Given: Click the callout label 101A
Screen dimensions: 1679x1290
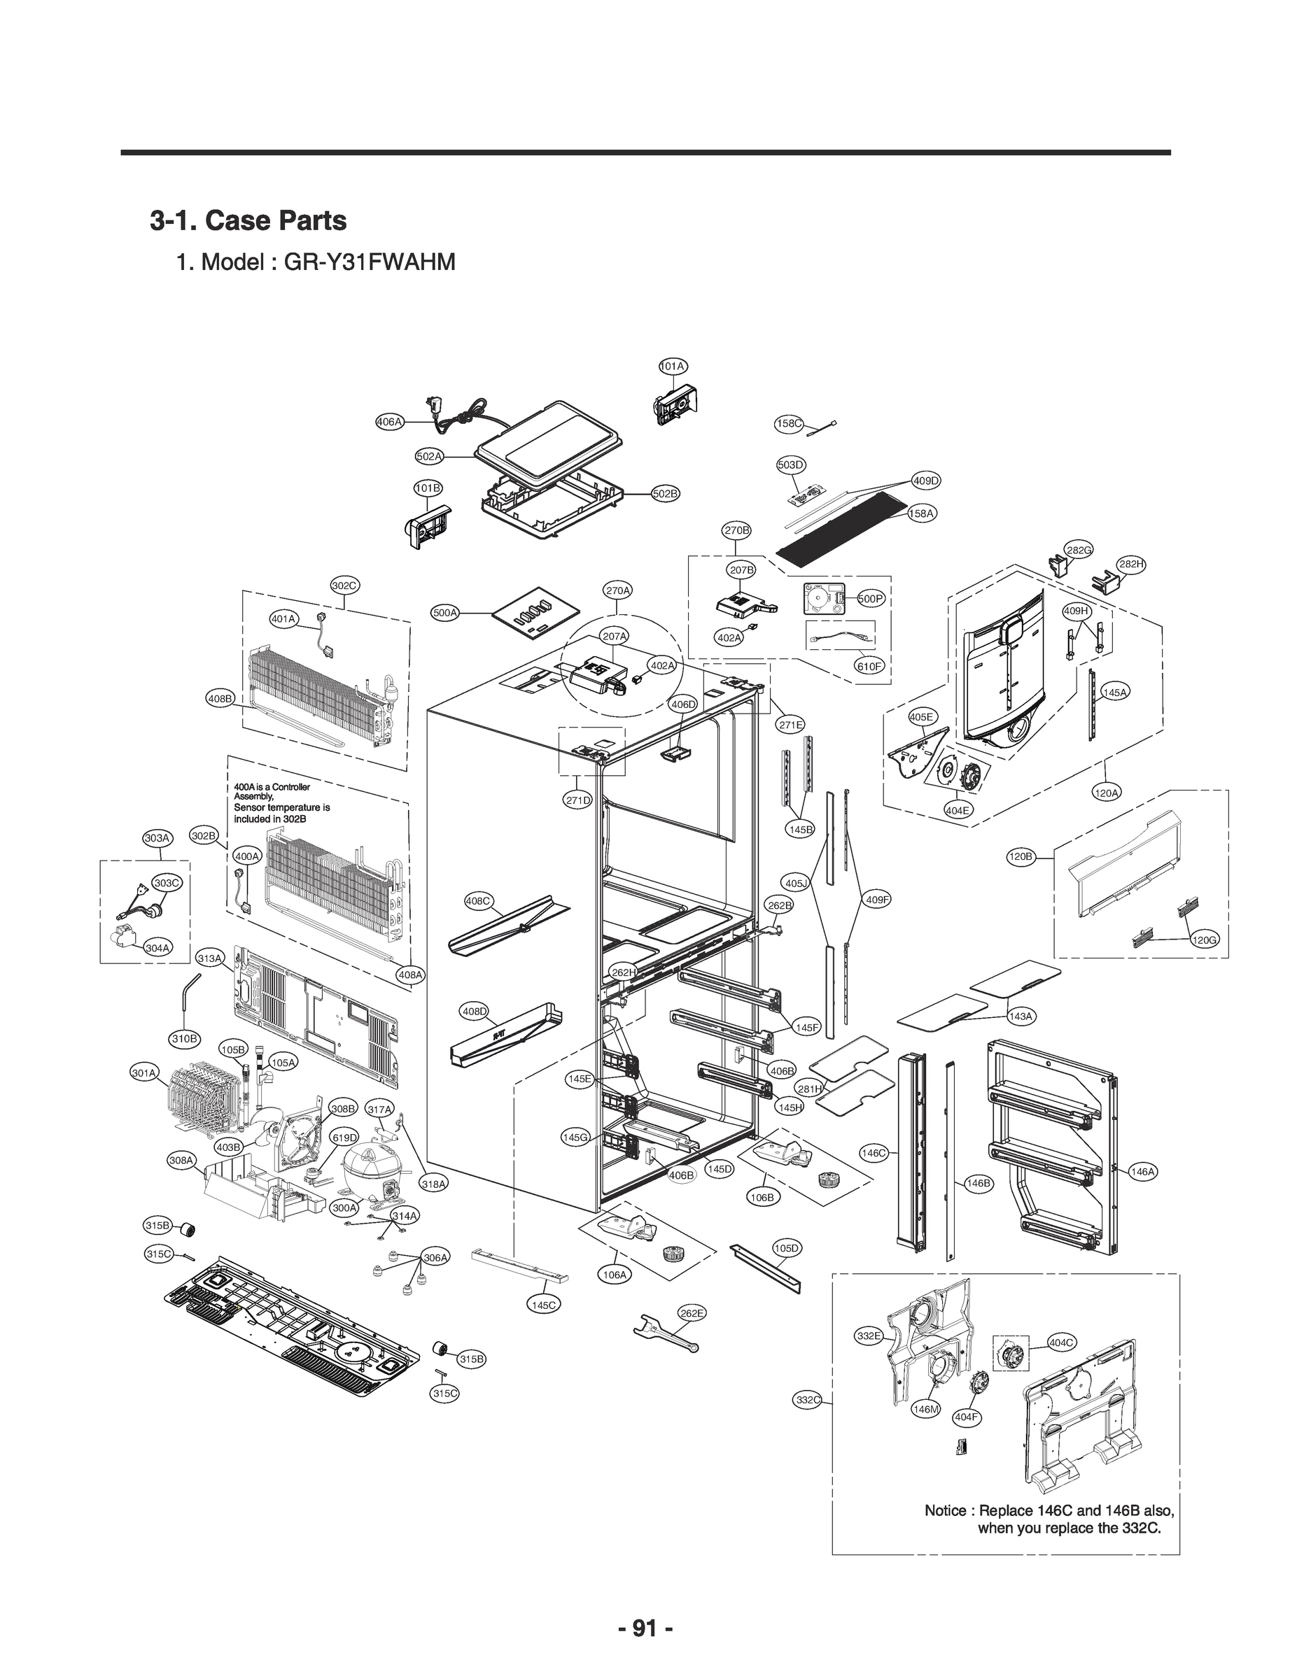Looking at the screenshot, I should (x=673, y=366).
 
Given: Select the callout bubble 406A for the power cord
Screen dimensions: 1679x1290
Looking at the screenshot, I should (x=389, y=421).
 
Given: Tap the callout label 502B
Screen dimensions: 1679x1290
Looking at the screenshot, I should (x=665, y=493).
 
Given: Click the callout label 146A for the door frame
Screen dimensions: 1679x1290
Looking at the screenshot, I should (x=1142, y=1172).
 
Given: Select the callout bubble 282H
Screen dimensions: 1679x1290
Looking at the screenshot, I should (x=1130, y=564).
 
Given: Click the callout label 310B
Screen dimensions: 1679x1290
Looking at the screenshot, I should (x=183, y=1039).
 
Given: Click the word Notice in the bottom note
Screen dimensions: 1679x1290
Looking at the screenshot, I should (x=945, y=1510).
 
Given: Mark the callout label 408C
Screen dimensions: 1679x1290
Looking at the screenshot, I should (x=478, y=901).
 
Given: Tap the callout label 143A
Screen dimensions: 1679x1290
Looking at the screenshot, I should (x=1021, y=1016).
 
